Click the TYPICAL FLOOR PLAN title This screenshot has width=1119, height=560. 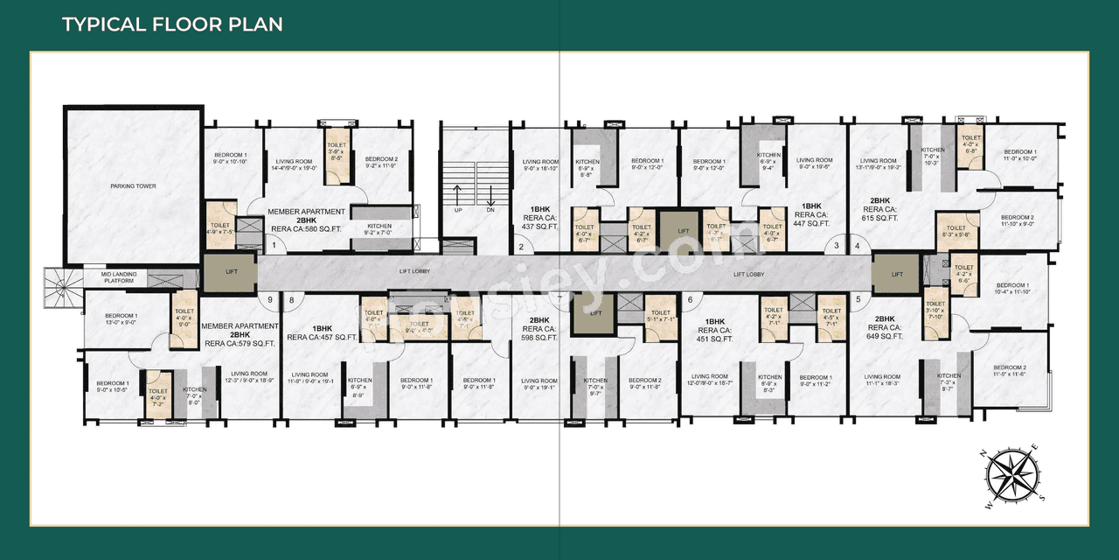(172, 24)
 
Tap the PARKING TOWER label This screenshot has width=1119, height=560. (134, 186)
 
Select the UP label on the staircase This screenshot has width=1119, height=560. (459, 211)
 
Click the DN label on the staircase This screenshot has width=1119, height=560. (490, 211)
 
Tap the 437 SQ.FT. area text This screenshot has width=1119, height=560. (539, 227)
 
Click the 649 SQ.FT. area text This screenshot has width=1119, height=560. (885, 336)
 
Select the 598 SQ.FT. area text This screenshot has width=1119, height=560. (539, 337)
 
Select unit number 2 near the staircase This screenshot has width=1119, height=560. (521, 248)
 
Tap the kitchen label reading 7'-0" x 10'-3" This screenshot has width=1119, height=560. (933, 157)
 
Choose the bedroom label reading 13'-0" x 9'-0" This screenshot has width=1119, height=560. (122, 318)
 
